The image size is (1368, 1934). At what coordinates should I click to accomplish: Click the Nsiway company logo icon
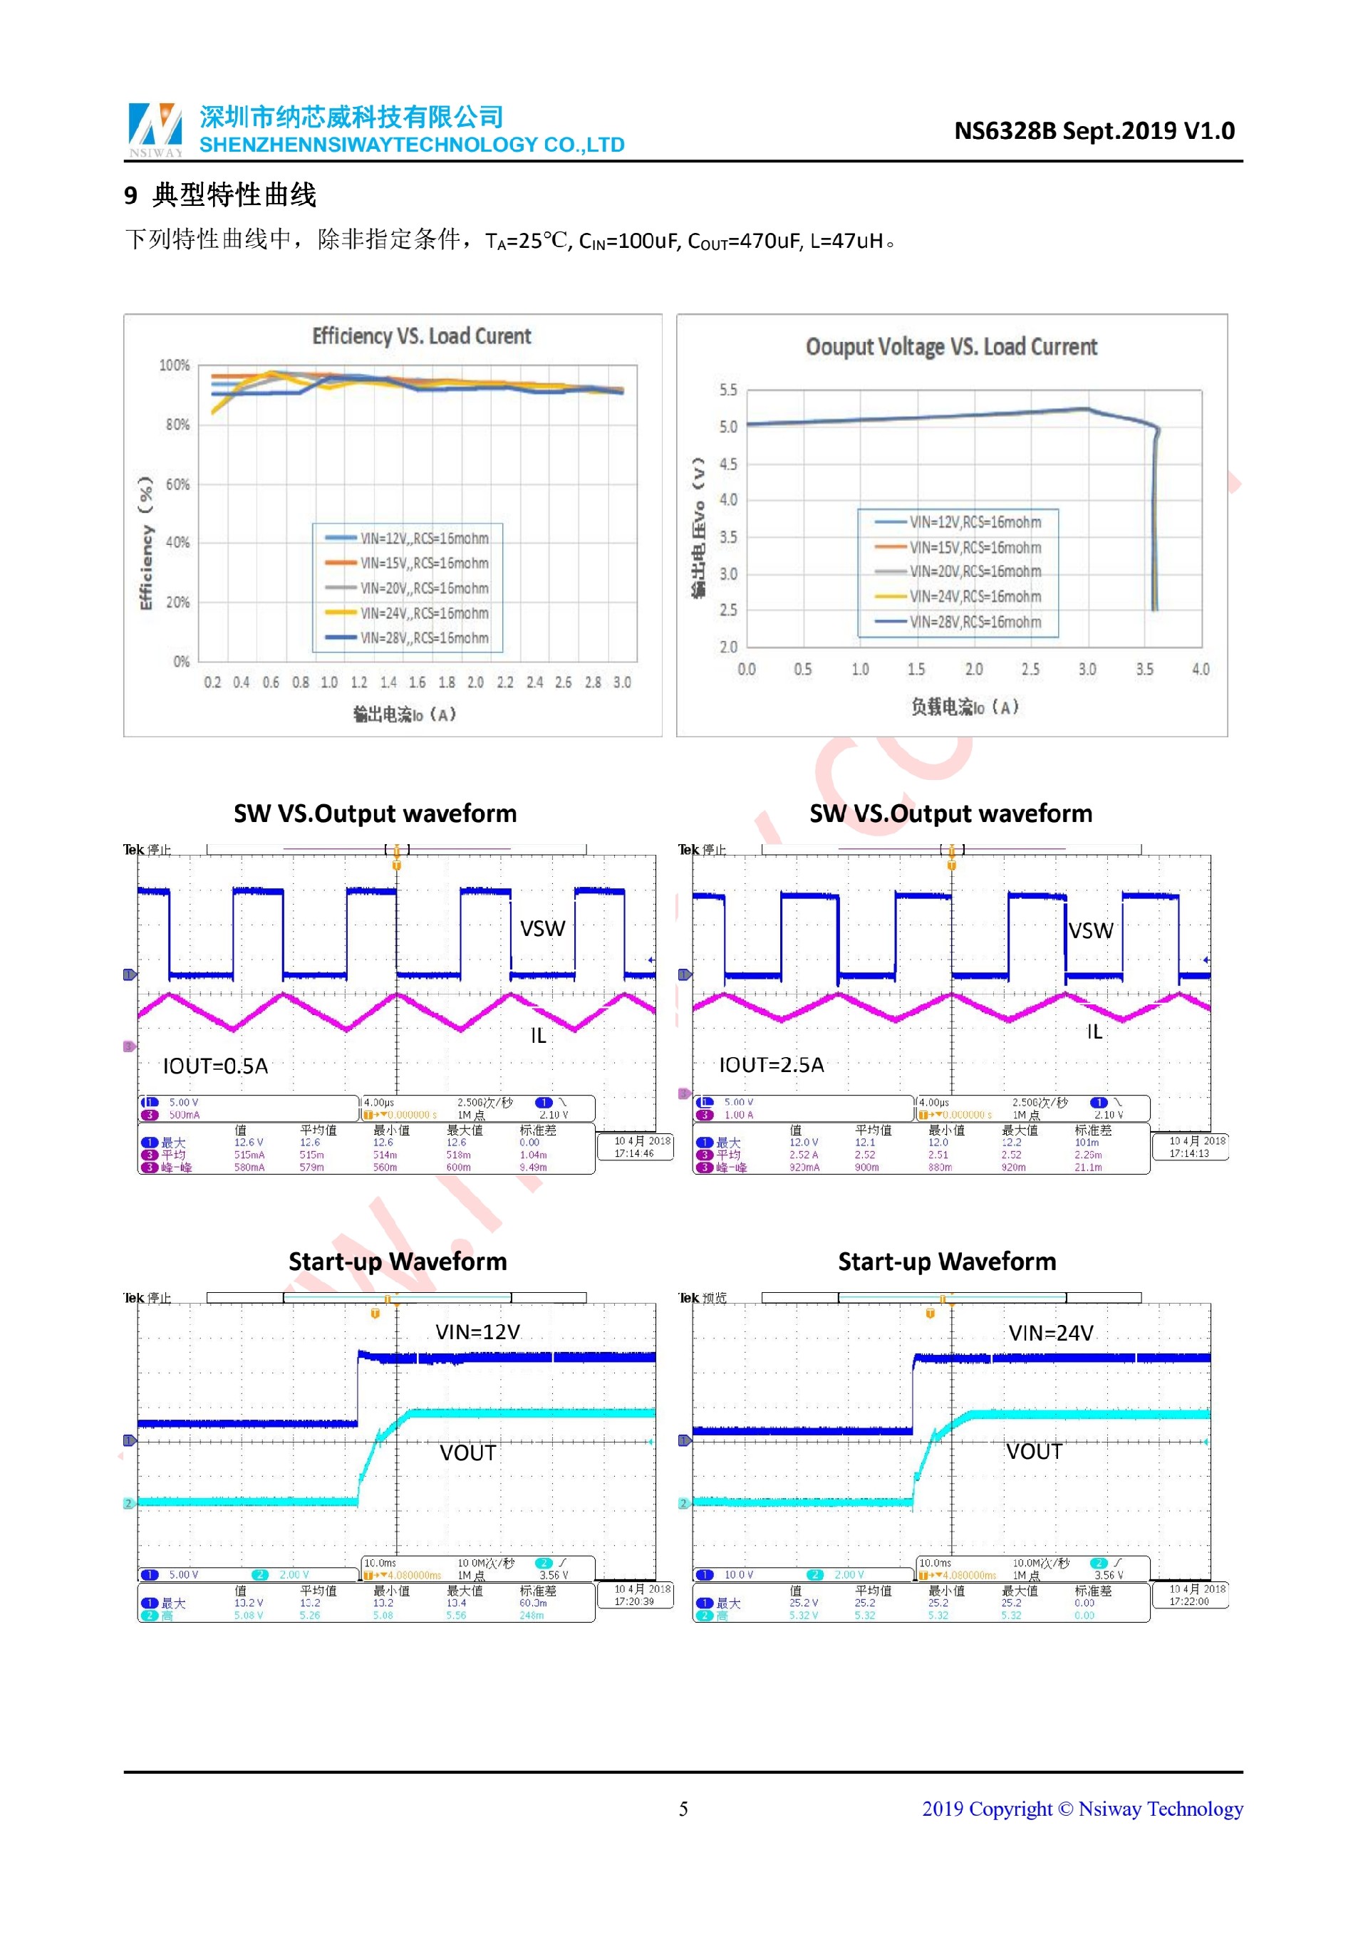coord(155,129)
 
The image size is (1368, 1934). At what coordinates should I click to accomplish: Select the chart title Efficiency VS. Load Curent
coord(421,336)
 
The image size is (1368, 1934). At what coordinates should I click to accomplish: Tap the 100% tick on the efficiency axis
coord(175,365)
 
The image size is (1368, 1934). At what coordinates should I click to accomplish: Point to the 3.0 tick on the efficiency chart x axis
coord(622,682)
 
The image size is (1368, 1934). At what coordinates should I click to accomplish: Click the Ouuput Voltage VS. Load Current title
coord(951,347)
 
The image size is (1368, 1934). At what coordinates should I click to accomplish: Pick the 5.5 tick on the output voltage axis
coord(727,390)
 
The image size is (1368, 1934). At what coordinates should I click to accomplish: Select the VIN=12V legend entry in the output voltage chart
coord(975,522)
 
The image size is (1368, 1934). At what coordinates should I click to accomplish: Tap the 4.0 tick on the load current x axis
coord(1201,670)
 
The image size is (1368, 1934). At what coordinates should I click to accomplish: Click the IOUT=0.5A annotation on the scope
coord(216,1066)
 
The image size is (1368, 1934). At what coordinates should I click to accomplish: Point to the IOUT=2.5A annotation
coord(771,1066)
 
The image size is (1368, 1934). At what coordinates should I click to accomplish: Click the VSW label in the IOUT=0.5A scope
coord(541,929)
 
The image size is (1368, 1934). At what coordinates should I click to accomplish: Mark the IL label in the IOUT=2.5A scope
coord(1094,1032)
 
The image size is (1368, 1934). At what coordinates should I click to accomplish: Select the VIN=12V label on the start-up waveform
coord(477,1332)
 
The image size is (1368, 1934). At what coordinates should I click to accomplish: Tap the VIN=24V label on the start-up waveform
coord(1050,1333)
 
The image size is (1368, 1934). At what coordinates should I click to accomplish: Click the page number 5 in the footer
coord(683,1809)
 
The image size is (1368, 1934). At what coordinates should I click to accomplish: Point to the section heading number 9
coord(130,195)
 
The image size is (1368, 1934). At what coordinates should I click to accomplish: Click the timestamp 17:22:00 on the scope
coord(1188,1601)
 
